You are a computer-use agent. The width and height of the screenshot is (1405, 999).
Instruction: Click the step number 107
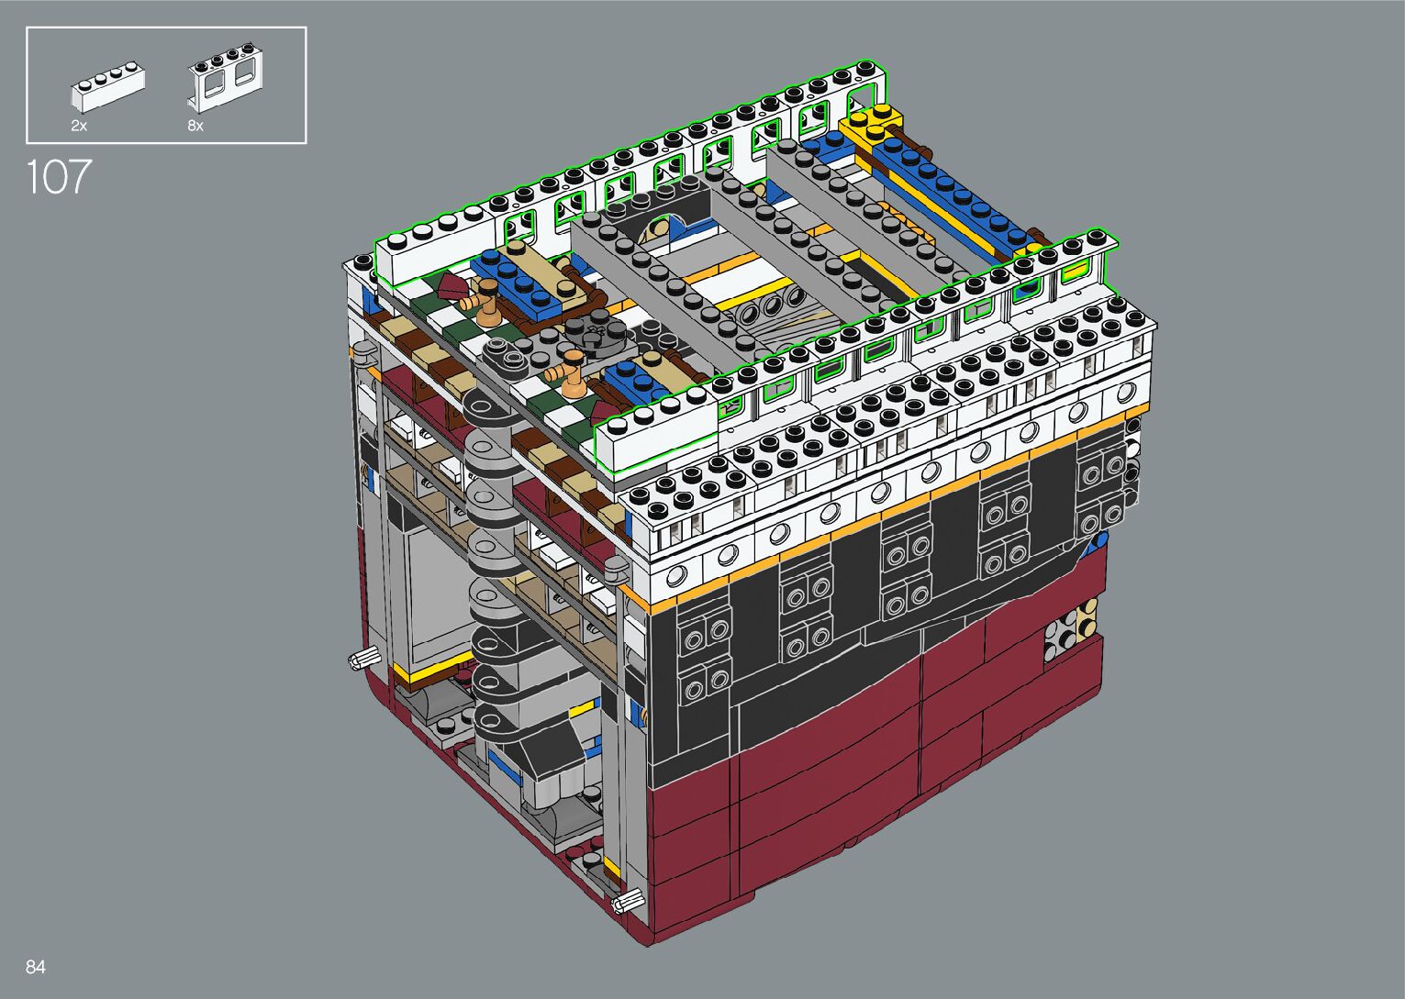click(x=59, y=176)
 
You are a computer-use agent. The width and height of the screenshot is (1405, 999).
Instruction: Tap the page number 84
click(x=36, y=967)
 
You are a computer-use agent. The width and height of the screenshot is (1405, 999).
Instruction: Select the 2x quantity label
click(x=79, y=126)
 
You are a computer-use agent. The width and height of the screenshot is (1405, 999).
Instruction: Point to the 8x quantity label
click(x=195, y=126)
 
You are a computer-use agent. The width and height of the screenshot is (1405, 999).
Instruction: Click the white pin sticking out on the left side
click(x=364, y=658)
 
